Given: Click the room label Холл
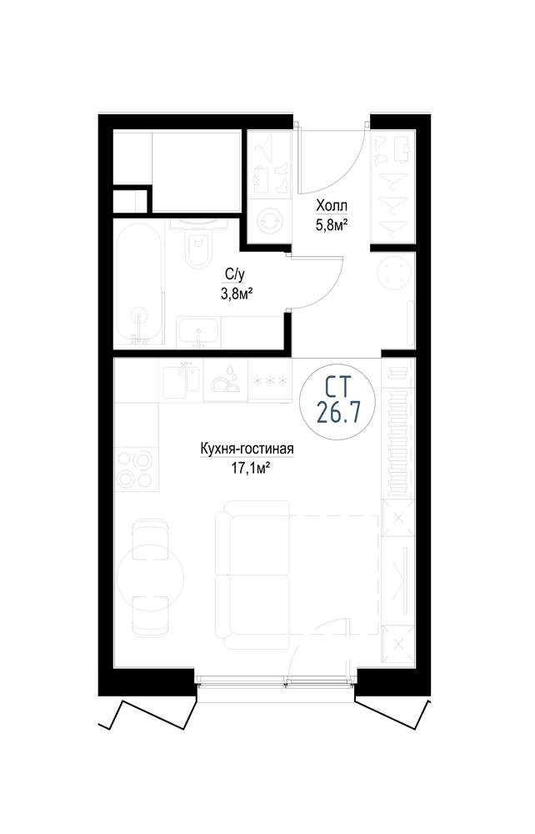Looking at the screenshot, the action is (332, 205).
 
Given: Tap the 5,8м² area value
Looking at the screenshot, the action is (332, 225).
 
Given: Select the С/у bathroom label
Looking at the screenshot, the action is (234, 274).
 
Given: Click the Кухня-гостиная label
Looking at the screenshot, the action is (247, 450).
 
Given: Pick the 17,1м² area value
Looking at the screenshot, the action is (246, 468).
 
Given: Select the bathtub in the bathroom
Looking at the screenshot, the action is (139, 284).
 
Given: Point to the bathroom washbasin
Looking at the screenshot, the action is (198, 333).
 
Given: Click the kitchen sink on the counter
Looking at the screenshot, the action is (181, 379).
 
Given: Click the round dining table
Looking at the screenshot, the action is (150, 575).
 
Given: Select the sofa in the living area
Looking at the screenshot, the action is (252, 574).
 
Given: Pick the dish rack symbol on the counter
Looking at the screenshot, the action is (225, 379).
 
